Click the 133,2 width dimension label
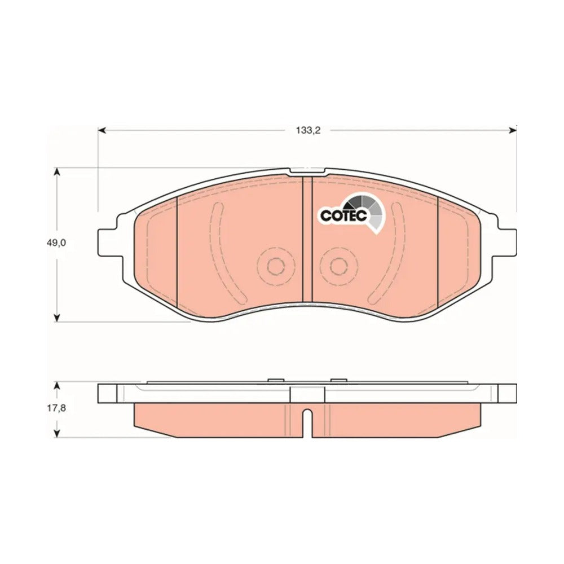coord(308,131)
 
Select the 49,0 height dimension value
coord(56,243)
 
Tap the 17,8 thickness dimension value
coord(56,408)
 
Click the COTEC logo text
coord(343,215)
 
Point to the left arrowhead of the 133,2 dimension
coord(102,130)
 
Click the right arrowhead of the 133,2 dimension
coord(513,130)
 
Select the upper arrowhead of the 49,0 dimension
coord(56,172)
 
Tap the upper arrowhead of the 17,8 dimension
coord(56,386)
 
